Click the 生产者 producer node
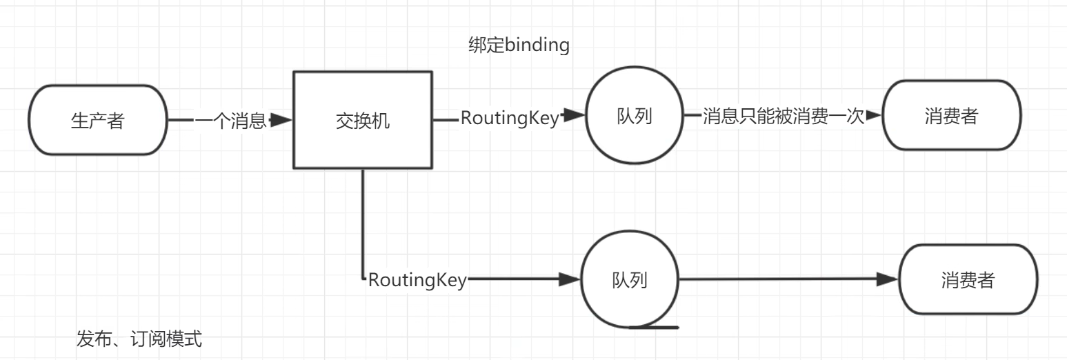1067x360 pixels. pos(98,120)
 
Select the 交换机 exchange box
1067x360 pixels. pos(362,120)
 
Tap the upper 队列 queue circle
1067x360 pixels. pos(633,116)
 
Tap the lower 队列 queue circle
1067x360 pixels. pos(629,280)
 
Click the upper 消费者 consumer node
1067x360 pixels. pos(951,116)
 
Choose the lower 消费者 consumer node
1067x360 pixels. pos(968,280)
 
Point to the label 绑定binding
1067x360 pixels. pos(519,46)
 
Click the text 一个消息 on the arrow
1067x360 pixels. pos(230,121)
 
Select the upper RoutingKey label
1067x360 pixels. pos(509,117)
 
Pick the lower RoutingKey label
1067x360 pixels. pos(417,280)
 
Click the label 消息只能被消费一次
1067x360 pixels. pos(783,116)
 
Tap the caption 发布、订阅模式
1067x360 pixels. pos(139,339)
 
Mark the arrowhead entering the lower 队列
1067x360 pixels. pos(569,279)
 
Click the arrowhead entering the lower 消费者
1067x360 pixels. pos(888,279)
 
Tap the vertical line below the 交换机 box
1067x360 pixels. pos(363,221)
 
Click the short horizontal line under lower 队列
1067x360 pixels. pos(655,327)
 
